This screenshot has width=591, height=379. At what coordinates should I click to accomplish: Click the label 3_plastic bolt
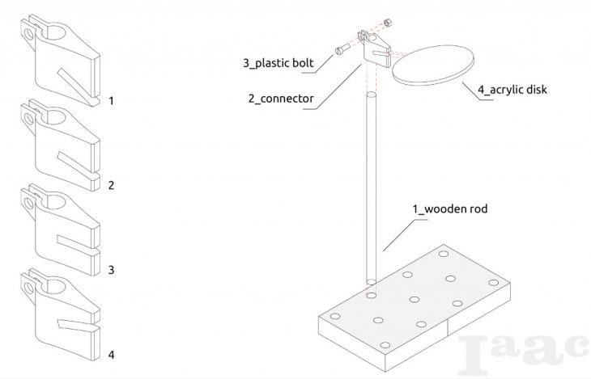point(278,62)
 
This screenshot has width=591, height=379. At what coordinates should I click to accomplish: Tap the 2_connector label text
point(281,99)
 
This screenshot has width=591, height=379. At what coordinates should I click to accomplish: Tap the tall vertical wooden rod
point(372,186)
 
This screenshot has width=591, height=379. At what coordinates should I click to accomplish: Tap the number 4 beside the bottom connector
point(111,354)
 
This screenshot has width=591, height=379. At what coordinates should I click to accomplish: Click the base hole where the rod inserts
point(372,282)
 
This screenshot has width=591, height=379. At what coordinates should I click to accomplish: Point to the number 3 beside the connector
point(111,268)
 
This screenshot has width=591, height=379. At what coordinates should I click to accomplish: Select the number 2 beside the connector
point(111,185)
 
